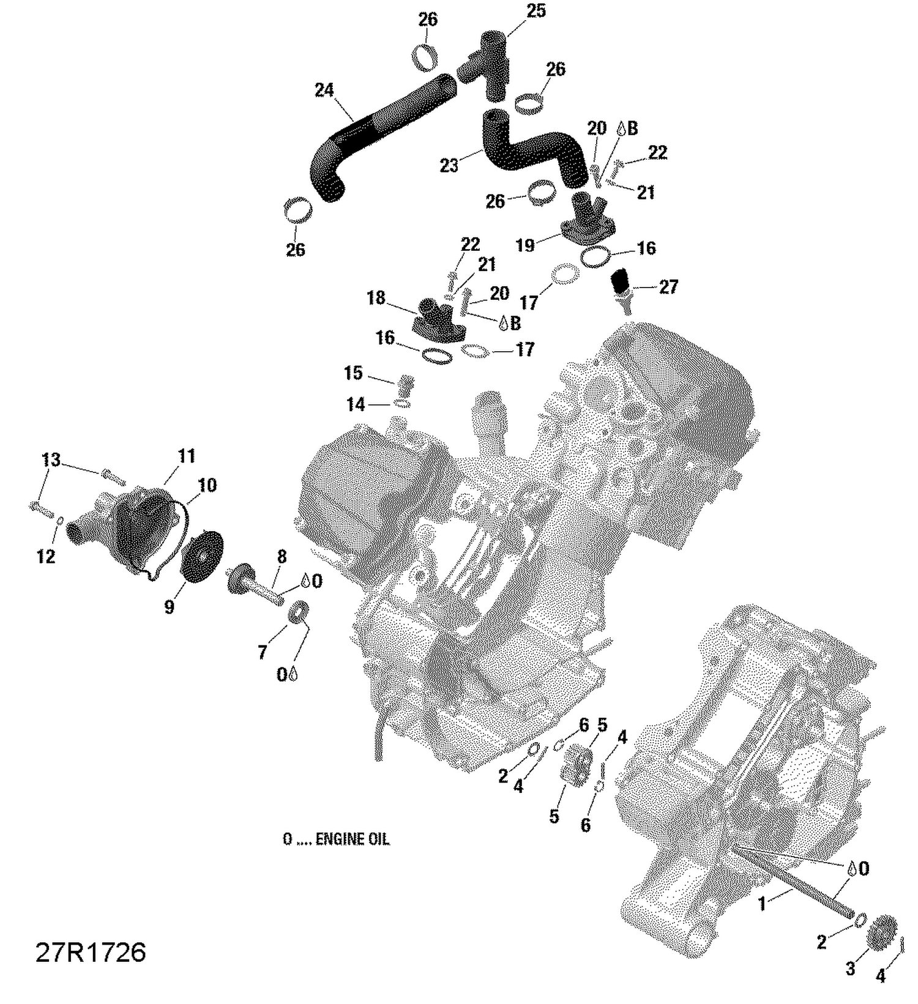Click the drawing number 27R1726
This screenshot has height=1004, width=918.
pos(91,953)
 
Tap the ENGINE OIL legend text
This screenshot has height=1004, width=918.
pos(335,839)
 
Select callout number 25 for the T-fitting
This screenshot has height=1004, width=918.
pos(535,11)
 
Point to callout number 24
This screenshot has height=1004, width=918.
pos(324,91)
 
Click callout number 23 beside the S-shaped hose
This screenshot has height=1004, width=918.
pos(449,165)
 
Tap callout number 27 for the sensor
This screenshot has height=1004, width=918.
pos(668,286)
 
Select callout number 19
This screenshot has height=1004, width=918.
pos(525,245)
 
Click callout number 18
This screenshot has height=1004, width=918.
pos(376,298)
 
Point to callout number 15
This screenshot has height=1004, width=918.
pos(353,373)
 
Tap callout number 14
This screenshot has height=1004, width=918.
pos(355,404)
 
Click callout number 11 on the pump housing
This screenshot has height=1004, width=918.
pos(187,456)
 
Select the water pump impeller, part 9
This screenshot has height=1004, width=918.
pos(200,555)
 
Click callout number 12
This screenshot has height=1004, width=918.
pos(46,556)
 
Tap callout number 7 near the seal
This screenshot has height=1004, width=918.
pos(262,653)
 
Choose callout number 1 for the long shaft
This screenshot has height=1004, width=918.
pos(762,904)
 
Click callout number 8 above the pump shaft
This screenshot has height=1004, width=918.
pos(282,556)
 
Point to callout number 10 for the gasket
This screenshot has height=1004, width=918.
pos(207,485)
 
